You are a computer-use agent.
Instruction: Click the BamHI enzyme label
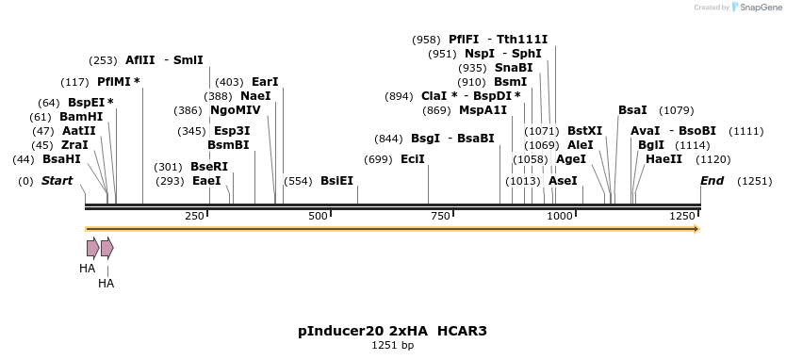pos(81,116)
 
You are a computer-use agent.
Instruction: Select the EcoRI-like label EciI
pos(413,159)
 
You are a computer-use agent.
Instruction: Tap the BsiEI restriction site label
pos(336,180)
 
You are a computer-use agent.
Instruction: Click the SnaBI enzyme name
pos(514,68)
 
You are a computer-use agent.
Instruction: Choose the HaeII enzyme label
pos(663,159)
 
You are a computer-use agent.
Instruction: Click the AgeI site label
pos(571,159)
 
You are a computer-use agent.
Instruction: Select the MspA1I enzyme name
pos(483,110)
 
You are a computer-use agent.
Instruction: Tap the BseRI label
pos(209,167)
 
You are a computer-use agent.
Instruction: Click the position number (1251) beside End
pos(755,180)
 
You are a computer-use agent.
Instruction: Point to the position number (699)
pos(378,159)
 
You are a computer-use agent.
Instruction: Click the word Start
pos(57,180)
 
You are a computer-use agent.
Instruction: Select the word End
pos(712,180)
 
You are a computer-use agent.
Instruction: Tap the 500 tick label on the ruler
pos(318,217)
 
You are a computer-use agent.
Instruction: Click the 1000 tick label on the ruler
pos(559,217)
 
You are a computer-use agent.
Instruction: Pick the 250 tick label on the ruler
pos(195,217)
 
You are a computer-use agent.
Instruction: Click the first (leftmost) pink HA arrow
pos(92,248)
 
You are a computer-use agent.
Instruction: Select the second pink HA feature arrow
pos(107,248)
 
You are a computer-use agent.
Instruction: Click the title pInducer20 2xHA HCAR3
pos(392,331)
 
